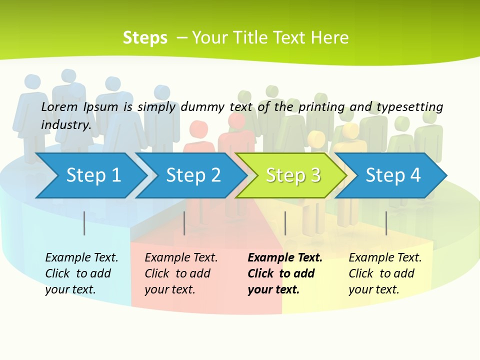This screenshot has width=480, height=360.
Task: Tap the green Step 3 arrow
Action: coord(293,175)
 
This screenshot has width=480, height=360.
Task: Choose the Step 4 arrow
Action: coord(393,175)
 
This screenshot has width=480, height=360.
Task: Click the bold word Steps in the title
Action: coord(145,38)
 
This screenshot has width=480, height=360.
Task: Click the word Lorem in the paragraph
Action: coord(59,106)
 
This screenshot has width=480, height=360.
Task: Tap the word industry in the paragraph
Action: coord(65,125)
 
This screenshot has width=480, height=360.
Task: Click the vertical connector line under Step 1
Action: coord(84,223)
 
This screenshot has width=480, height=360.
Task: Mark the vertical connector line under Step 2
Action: coord(184,223)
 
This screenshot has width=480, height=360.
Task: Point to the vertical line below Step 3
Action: coord(285,223)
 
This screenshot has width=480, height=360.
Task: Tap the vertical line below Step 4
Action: coord(386,223)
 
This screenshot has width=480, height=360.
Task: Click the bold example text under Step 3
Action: coord(284,273)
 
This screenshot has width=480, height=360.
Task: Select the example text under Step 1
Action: coord(81,273)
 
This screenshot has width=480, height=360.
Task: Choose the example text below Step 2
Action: coord(181,273)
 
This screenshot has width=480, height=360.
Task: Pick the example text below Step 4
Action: coord(385,273)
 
